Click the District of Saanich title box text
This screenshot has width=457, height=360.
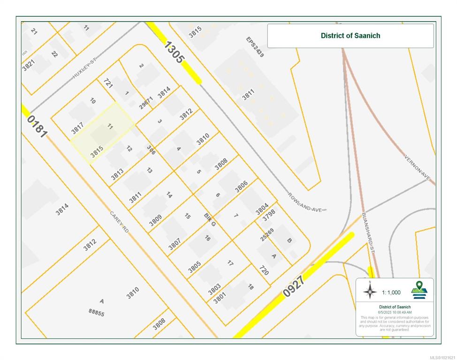(x=350, y=36)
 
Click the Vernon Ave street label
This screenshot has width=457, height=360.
(x=419, y=168)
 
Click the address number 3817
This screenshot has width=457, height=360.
(x=77, y=128)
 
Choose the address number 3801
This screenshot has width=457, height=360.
(x=220, y=298)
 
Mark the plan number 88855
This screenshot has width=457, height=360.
(x=96, y=312)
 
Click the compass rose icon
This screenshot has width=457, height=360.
(x=370, y=292)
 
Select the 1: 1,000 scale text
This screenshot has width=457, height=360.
(x=391, y=292)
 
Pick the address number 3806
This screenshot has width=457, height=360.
(x=241, y=186)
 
